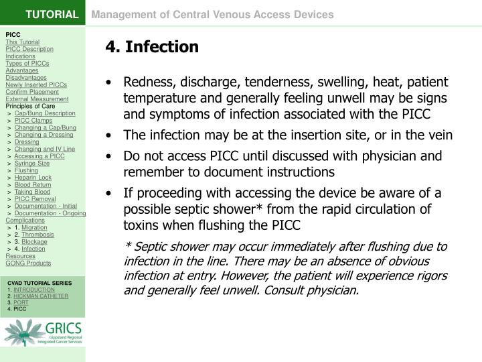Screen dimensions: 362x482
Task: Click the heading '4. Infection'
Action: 152,47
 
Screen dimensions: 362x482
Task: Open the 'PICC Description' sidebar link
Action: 29,49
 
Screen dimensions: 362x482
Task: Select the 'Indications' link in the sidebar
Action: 20,56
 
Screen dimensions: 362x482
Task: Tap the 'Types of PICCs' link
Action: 27,64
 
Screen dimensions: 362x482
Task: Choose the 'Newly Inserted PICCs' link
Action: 36,84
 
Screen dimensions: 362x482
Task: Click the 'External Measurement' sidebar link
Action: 37,99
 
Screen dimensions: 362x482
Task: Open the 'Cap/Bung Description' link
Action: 45,113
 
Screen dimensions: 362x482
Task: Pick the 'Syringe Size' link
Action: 32,163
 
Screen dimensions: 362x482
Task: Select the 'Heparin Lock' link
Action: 33,177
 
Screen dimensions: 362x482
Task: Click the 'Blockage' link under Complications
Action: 35,241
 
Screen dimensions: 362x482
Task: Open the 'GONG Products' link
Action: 28,263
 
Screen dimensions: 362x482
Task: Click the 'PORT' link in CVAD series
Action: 21,302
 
